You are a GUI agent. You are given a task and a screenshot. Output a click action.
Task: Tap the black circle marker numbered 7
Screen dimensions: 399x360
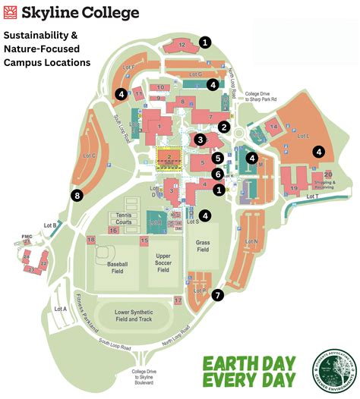pos(219,295)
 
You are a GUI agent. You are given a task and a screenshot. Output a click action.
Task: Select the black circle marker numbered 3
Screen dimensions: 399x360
pos(200,140)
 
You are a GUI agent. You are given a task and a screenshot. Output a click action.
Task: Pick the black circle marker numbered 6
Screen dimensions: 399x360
pos(217,174)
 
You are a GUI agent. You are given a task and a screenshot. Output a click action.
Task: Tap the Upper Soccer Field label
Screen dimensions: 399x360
pos(163,263)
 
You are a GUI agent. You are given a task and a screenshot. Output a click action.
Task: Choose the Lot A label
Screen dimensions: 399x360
pos(61,309)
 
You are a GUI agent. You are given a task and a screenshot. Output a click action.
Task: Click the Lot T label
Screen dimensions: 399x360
pos(312,197)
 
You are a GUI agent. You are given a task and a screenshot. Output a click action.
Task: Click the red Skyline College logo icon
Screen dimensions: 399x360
pos(12,12)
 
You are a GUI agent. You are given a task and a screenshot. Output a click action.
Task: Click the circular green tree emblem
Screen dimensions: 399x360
pos(335,372)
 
